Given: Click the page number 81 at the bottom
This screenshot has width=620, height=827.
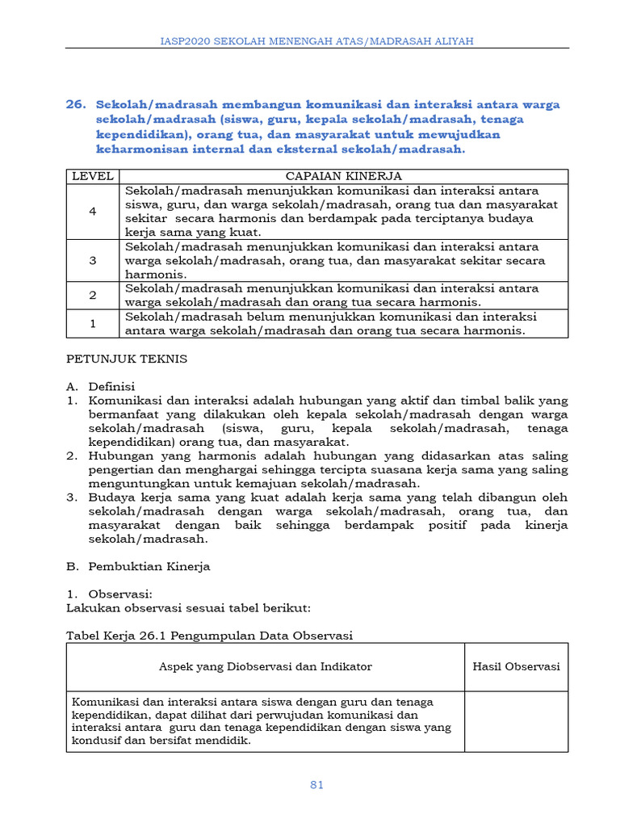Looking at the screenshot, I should coord(316,785).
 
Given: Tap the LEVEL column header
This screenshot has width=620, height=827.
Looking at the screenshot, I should coord(93,176).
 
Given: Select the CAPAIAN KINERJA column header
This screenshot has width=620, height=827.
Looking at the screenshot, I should coord(344,176).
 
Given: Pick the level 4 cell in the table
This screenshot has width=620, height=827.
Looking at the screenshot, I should coord(93,211).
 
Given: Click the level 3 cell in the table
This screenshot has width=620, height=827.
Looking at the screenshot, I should coord(93,260).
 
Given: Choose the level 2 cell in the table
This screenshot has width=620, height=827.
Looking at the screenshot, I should coord(93,296).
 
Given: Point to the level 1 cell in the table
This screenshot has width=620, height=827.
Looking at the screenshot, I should coord(93,323).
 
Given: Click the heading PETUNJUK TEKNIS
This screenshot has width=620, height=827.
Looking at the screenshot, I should coord(126,359).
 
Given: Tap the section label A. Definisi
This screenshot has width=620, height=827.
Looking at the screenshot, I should coord(100,386).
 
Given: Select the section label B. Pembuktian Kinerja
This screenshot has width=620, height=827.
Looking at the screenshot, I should coord(137,566).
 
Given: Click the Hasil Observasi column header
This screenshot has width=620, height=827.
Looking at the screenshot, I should coord(516,666).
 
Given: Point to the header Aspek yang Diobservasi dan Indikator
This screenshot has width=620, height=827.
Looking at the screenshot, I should coord(266,666).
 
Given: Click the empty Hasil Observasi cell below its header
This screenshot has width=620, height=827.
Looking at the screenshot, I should coord(516,721).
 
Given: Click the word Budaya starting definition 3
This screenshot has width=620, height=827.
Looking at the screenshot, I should coord(109,497).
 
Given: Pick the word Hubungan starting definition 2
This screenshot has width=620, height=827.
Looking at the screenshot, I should coord(118,455).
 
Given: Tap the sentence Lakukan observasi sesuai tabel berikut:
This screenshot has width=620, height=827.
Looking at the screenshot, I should coord(177,607).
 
